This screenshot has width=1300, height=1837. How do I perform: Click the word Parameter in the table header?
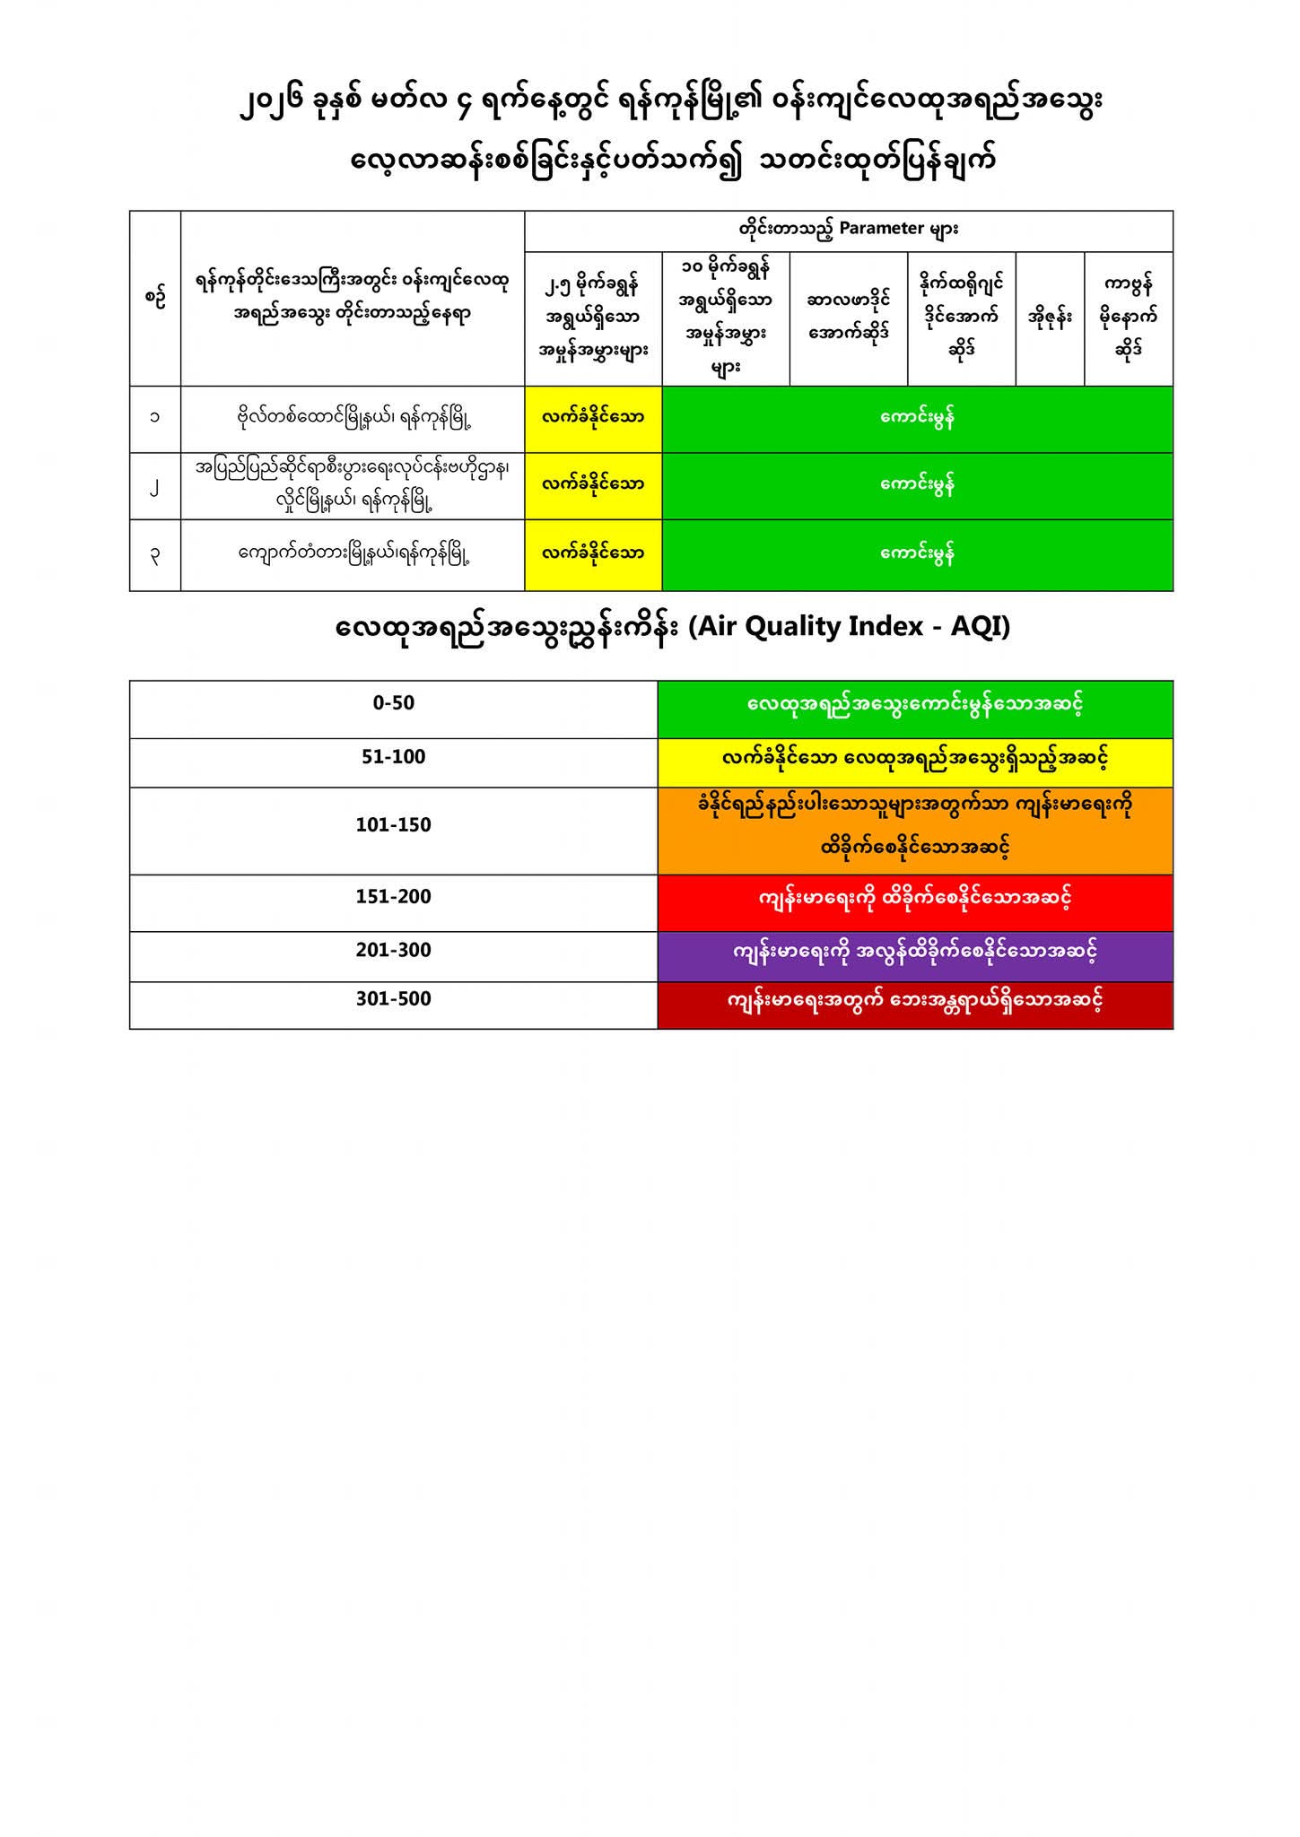tap(881, 229)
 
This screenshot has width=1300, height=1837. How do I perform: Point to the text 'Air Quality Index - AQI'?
tap(850, 627)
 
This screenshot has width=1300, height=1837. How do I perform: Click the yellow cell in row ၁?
tap(593, 418)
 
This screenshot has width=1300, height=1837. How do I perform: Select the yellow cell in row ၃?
tap(593, 554)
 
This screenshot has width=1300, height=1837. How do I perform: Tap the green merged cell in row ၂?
tap(917, 485)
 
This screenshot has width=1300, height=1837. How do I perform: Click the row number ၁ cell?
tap(155, 418)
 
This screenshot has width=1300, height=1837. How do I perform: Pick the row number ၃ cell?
tap(155, 554)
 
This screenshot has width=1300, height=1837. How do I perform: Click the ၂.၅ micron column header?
tap(593, 318)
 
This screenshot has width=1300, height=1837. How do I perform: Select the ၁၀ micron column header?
tap(725, 318)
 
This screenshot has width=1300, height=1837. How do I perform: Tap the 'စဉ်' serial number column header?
tap(155, 298)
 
